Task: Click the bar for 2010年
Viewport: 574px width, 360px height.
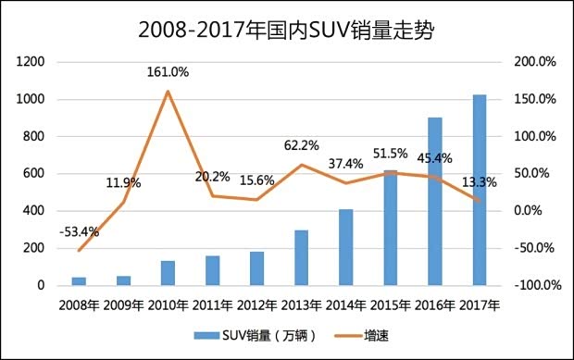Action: (x=168, y=273)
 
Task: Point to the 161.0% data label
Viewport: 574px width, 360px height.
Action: (x=168, y=71)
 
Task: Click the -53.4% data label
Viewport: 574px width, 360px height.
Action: (x=79, y=231)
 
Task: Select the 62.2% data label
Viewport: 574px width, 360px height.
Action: (x=301, y=145)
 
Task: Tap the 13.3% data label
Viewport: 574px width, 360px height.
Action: (x=479, y=182)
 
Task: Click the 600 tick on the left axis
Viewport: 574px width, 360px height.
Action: (x=34, y=174)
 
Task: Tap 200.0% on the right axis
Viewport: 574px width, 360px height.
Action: (x=534, y=62)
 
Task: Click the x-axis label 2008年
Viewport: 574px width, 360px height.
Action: (x=79, y=304)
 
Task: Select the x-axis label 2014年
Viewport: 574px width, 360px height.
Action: (x=345, y=304)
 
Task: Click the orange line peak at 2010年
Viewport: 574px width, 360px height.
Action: (x=168, y=91)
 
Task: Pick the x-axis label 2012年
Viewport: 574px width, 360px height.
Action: (x=256, y=304)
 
